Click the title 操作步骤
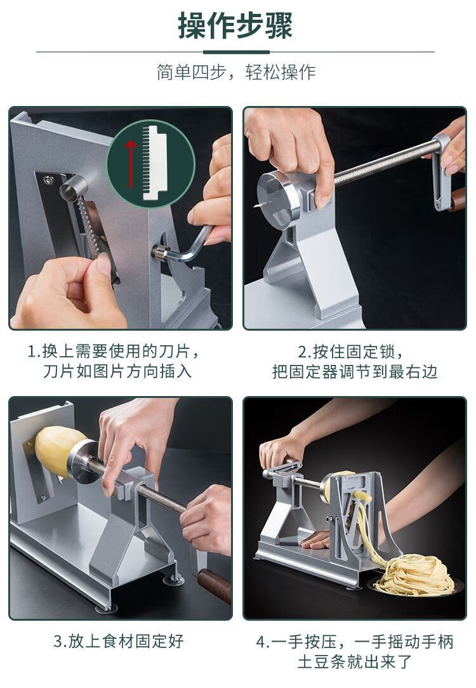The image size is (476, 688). (x=235, y=25)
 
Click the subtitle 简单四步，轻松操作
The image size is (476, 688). (x=236, y=72)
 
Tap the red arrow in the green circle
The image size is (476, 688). (x=131, y=162)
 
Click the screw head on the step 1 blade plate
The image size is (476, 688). (x=48, y=180)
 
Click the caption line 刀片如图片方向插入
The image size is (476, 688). (x=117, y=372)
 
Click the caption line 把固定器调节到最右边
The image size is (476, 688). (x=355, y=372)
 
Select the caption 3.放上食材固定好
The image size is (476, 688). (x=118, y=641)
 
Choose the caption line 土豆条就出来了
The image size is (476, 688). (x=355, y=662)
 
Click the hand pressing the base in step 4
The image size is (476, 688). (x=315, y=539)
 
